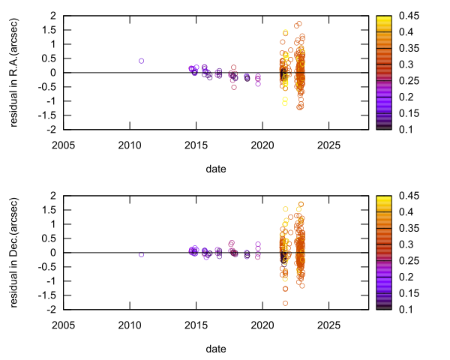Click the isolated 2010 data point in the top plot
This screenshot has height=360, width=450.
coord(141,61)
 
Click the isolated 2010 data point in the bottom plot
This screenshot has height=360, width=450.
coord(141,255)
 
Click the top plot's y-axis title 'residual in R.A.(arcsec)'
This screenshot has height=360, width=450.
coord(14,72)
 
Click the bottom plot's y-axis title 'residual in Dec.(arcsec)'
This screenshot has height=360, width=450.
coord(14,252)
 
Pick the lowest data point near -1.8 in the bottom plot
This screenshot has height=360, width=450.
coord(285,303)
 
